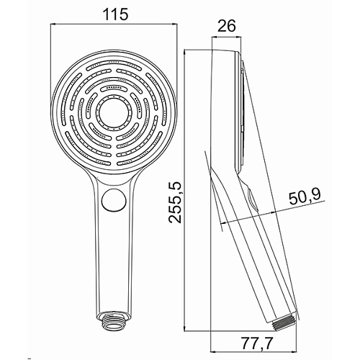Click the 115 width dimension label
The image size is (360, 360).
[x=116, y=14]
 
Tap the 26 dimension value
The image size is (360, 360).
[x=227, y=26]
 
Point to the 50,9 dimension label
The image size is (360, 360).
[x=305, y=198]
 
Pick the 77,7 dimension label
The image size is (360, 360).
[x=257, y=343]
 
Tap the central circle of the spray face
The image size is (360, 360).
[x=114, y=111]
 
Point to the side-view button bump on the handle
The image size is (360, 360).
[x=252, y=199]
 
